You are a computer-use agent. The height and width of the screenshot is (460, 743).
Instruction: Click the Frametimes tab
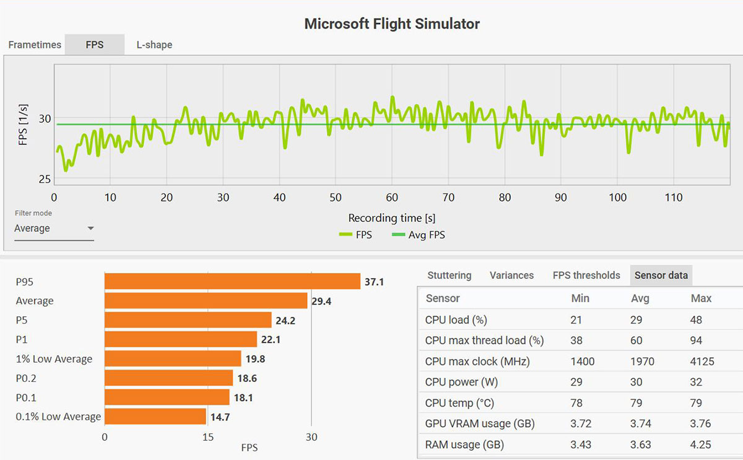click(35, 45)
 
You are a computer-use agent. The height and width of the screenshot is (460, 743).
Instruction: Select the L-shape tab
click(154, 45)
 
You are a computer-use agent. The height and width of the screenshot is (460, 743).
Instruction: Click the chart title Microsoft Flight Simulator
click(392, 24)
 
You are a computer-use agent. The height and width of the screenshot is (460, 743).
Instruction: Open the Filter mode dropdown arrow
click(90, 228)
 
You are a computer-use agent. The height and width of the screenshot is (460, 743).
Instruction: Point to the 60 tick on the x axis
click(391, 198)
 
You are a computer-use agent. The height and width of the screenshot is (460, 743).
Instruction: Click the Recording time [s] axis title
click(392, 218)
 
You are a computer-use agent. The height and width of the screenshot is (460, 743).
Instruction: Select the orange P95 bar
click(232, 281)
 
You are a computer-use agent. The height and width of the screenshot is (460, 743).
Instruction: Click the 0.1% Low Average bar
click(155, 417)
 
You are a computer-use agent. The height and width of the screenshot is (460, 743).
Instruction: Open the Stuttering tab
click(450, 275)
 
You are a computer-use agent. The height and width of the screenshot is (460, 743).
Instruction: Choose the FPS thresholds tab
click(586, 275)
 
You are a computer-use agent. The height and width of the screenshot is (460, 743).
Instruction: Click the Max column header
click(701, 298)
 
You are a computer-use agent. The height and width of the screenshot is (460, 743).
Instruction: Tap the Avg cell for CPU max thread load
click(636, 340)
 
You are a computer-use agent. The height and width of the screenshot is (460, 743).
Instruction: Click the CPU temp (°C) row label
click(459, 403)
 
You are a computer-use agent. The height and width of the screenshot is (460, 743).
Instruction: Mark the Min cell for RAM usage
click(580, 445)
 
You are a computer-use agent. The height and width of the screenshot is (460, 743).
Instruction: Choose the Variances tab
click(511, 275)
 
